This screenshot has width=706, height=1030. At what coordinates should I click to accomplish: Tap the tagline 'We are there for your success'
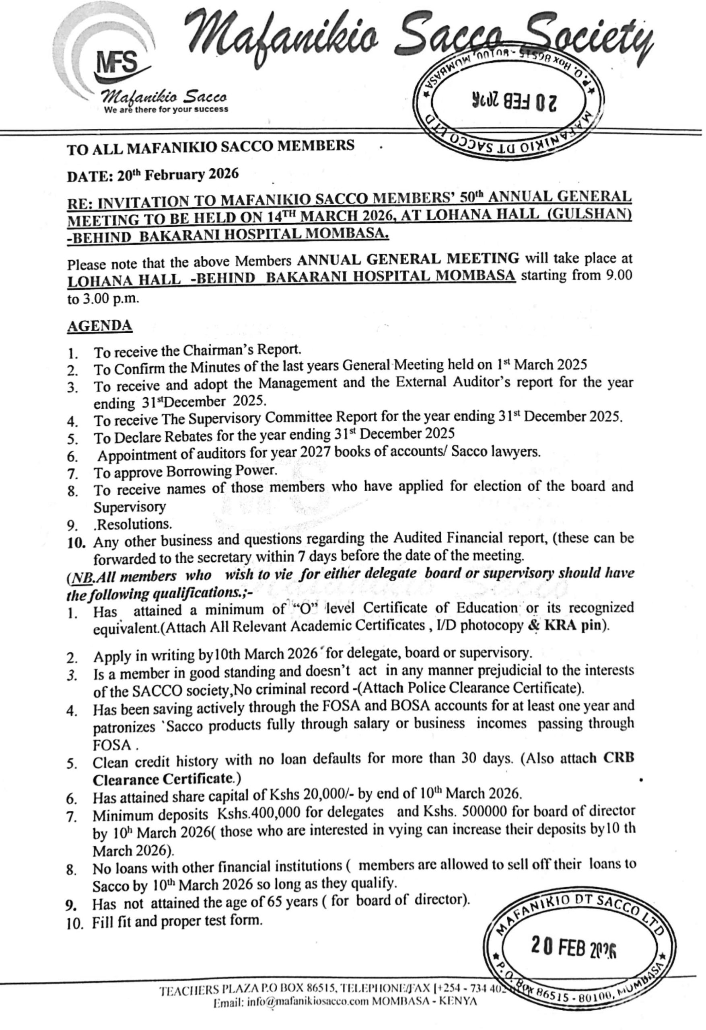tap(166, 109)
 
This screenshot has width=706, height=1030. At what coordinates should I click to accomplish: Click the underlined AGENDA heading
tap(100, 326)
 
